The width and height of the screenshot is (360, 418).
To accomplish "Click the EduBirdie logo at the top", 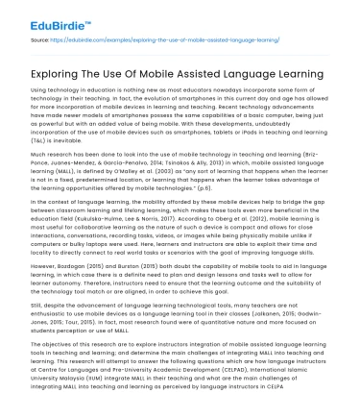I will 37,15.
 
